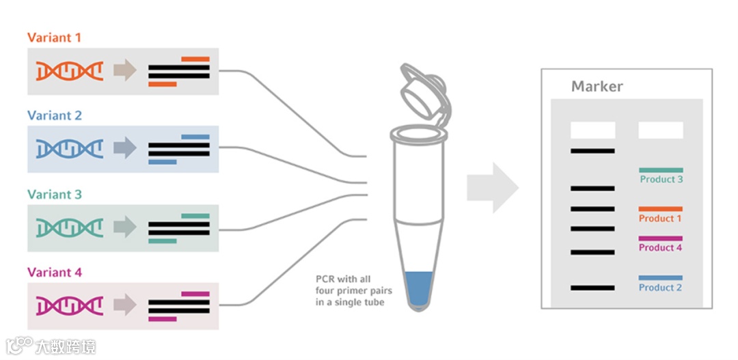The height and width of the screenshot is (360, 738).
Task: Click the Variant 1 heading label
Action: [54, 38]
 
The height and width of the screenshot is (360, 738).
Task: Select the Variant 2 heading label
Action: [54, 115]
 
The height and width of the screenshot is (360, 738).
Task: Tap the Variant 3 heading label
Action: [54, 194]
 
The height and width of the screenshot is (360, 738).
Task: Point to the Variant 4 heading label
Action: [54, 272]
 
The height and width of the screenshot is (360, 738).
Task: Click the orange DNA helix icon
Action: [70, 70]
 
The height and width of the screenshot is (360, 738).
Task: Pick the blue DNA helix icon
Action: [70, 148]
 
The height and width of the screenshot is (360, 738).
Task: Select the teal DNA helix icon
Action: [70, 227]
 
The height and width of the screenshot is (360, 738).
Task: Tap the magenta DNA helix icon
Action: [70, 305]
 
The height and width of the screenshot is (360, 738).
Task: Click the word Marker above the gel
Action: [597, 87]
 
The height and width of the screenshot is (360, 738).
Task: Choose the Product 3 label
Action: [661, 180]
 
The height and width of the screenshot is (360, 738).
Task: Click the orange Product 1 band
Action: [660, 209]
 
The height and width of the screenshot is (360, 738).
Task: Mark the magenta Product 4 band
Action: [660, 238]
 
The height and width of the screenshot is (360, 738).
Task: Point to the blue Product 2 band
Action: [660, 278]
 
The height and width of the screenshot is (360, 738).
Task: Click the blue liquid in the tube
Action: [418, 287]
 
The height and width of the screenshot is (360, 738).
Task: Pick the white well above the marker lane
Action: [592, 130]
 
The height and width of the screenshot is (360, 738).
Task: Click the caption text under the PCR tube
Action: [348, 290]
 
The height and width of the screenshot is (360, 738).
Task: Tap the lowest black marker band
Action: [592, 288]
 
